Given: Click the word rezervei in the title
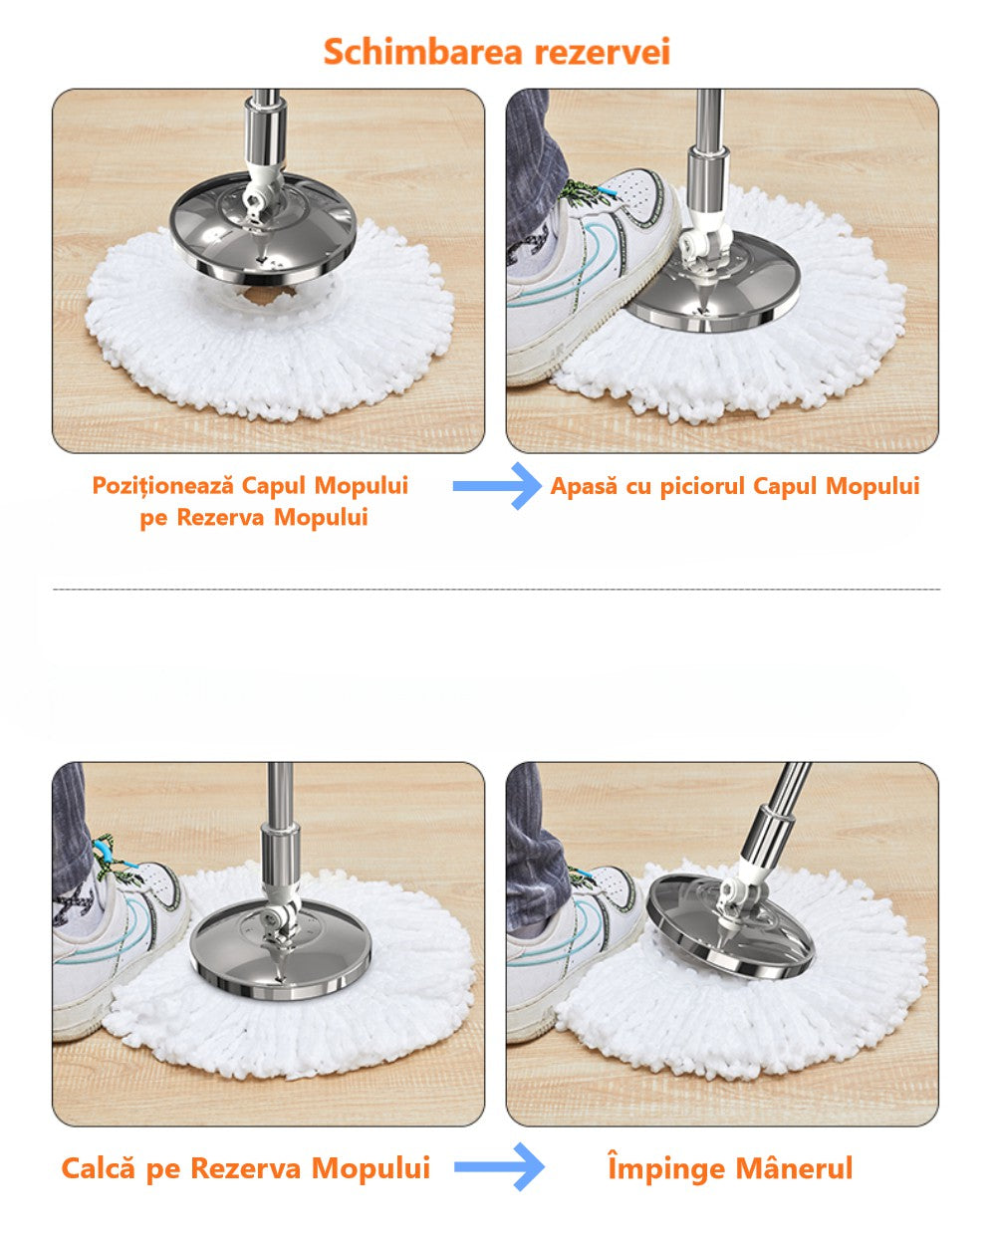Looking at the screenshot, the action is pos(603,51).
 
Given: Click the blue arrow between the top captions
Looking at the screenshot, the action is pos(497,486).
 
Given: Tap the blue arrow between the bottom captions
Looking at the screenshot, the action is pos(499,1166).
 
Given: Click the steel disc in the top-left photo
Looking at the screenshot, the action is pos(263,230).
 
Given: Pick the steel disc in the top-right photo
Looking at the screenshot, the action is pos(714,284).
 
